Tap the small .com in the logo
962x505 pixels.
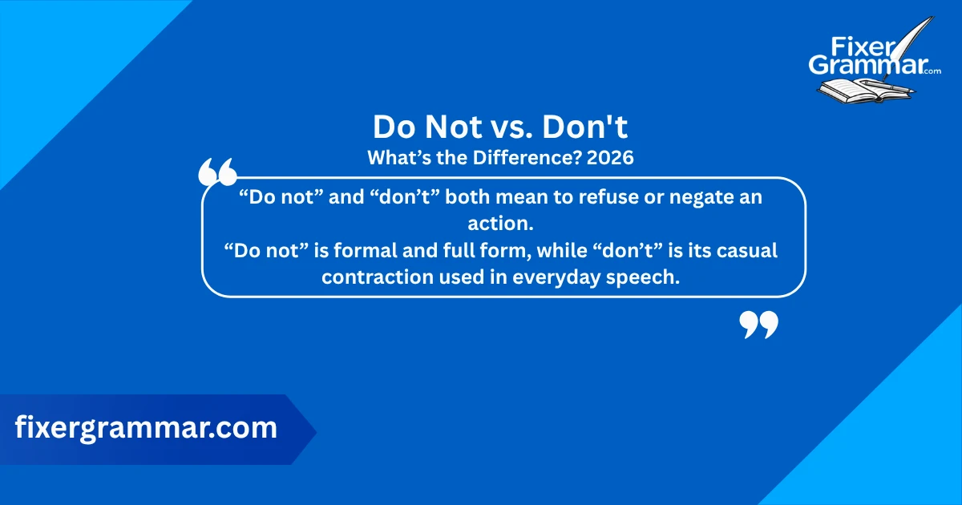932,71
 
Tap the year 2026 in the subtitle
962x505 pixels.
610,158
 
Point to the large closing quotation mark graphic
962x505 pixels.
758,325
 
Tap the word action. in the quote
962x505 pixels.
501,223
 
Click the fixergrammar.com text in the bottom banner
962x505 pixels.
146,428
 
